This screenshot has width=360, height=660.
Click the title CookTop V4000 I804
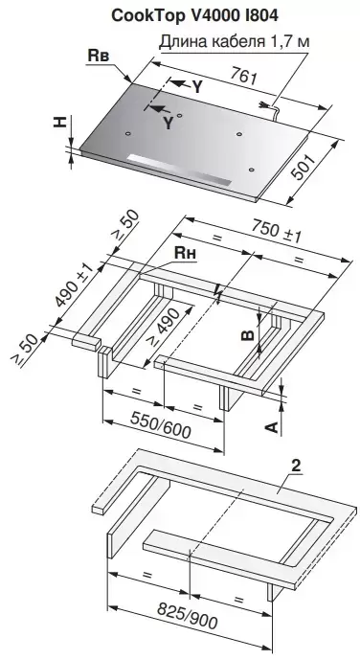tap(194, 16)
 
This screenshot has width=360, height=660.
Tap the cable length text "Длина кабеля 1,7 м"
tap(235, 42)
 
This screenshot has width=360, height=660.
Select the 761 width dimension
tap(242, 77)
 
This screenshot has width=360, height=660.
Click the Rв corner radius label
tap(99, 57)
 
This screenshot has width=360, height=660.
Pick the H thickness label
tap(61, 122)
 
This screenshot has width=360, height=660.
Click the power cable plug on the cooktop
tap(266, 105)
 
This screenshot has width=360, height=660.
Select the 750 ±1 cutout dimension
tap(277, 232)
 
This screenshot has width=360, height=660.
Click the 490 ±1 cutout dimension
tap(73, 285)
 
